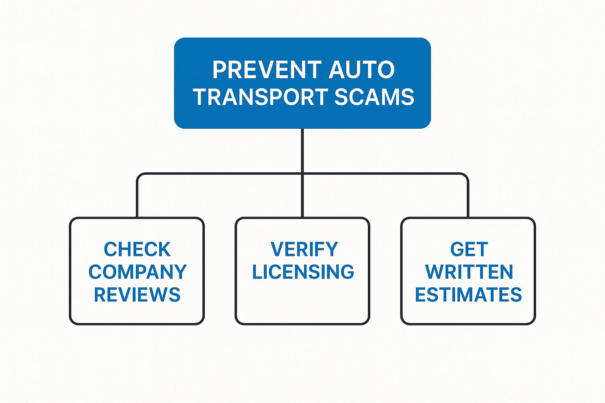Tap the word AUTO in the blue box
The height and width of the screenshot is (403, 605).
coord(362,70)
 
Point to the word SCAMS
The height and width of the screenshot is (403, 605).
coord(374,97)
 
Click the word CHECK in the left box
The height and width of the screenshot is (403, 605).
coord(137,249)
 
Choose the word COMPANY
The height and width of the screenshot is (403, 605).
coord(137,272)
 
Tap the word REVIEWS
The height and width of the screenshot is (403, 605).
coord(137,294)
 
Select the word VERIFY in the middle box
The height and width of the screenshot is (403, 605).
coord(304,249)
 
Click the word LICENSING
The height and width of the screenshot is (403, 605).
coord(303,272)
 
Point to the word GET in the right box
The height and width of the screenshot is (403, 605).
coord(469,249)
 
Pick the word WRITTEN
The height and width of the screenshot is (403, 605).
coord(469,272)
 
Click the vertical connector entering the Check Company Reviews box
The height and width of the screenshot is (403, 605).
coord(137,199)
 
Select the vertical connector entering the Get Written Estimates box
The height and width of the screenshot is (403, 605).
coord(468,199)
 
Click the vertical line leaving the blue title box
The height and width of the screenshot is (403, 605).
coord(302,150)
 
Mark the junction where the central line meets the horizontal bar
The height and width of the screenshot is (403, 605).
coord(302,174)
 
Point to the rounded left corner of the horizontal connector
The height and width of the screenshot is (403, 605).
coord(139,176)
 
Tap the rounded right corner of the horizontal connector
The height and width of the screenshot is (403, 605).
coord(466,176)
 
